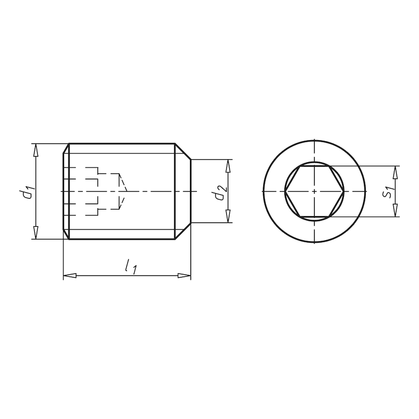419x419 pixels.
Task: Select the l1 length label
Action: pos(130,267)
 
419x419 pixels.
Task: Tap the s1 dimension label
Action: pos(388,192)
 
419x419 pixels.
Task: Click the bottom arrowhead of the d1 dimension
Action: pos(36,234)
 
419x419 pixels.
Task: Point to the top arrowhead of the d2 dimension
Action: pos(228,166)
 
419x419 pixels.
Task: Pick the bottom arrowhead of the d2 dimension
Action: pos(228,217)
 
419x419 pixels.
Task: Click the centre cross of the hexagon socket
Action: pos(313,192)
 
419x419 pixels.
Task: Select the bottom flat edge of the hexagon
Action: pos(313,216)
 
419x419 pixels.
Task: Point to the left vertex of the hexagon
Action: pos(285,192)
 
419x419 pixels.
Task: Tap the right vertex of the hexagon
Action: pos(342,192)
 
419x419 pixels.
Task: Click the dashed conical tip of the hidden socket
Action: pos(124,192)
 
